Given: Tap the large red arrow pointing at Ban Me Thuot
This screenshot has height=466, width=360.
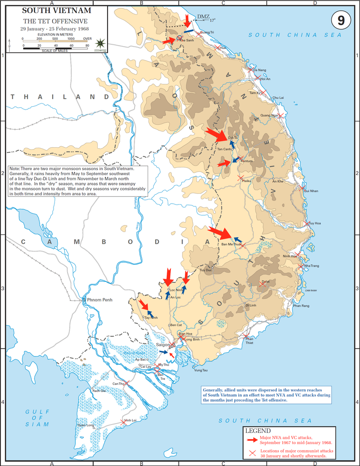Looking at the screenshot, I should click(x=218, y=233).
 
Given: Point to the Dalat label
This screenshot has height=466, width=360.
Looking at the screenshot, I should click(x=265, y=282).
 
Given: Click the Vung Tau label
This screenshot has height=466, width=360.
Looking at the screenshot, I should click(x=201, y=370).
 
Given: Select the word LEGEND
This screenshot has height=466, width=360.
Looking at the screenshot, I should click(x=258, y=431).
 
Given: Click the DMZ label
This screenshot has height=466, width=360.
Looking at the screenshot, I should click(x=203, y=17).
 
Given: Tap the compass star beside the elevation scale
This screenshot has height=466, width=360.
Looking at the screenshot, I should click(x=99, y=43).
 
